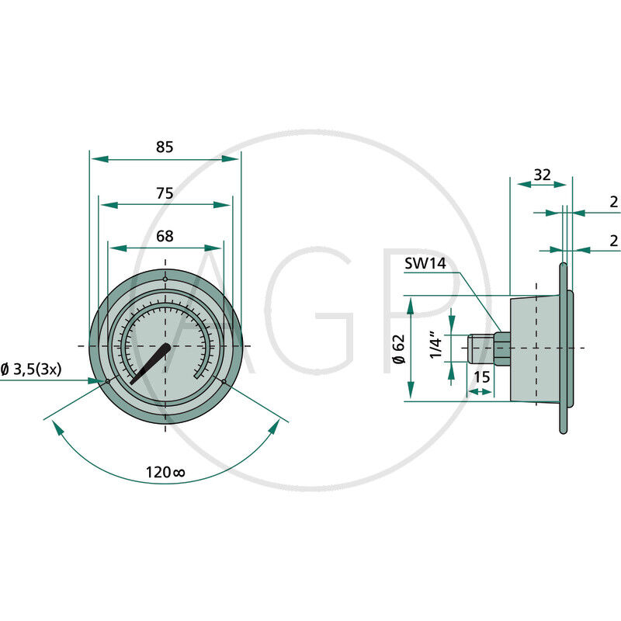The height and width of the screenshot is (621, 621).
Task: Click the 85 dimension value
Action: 165,146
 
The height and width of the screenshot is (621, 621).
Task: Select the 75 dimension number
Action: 165,193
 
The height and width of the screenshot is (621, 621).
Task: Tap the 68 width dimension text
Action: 165,236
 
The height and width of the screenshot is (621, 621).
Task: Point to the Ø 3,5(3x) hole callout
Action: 31,370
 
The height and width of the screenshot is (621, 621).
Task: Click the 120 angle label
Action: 165,471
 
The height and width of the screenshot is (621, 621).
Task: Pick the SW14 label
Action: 425,264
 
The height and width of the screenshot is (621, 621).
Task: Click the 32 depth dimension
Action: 542,175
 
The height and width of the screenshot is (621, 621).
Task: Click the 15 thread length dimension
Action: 481,377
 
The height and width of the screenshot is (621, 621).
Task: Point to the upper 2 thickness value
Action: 613,202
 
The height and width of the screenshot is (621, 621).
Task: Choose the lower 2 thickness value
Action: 613,241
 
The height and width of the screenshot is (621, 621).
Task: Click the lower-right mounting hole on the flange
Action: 224,380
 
